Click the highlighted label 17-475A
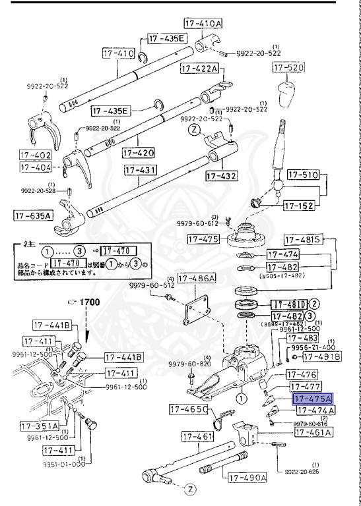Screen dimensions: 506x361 tap(313, 399)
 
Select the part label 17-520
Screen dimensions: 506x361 tap(288, 68)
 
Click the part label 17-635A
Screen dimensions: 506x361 tap(34, 215)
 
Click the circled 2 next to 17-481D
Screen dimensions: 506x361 tap(315, 304)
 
